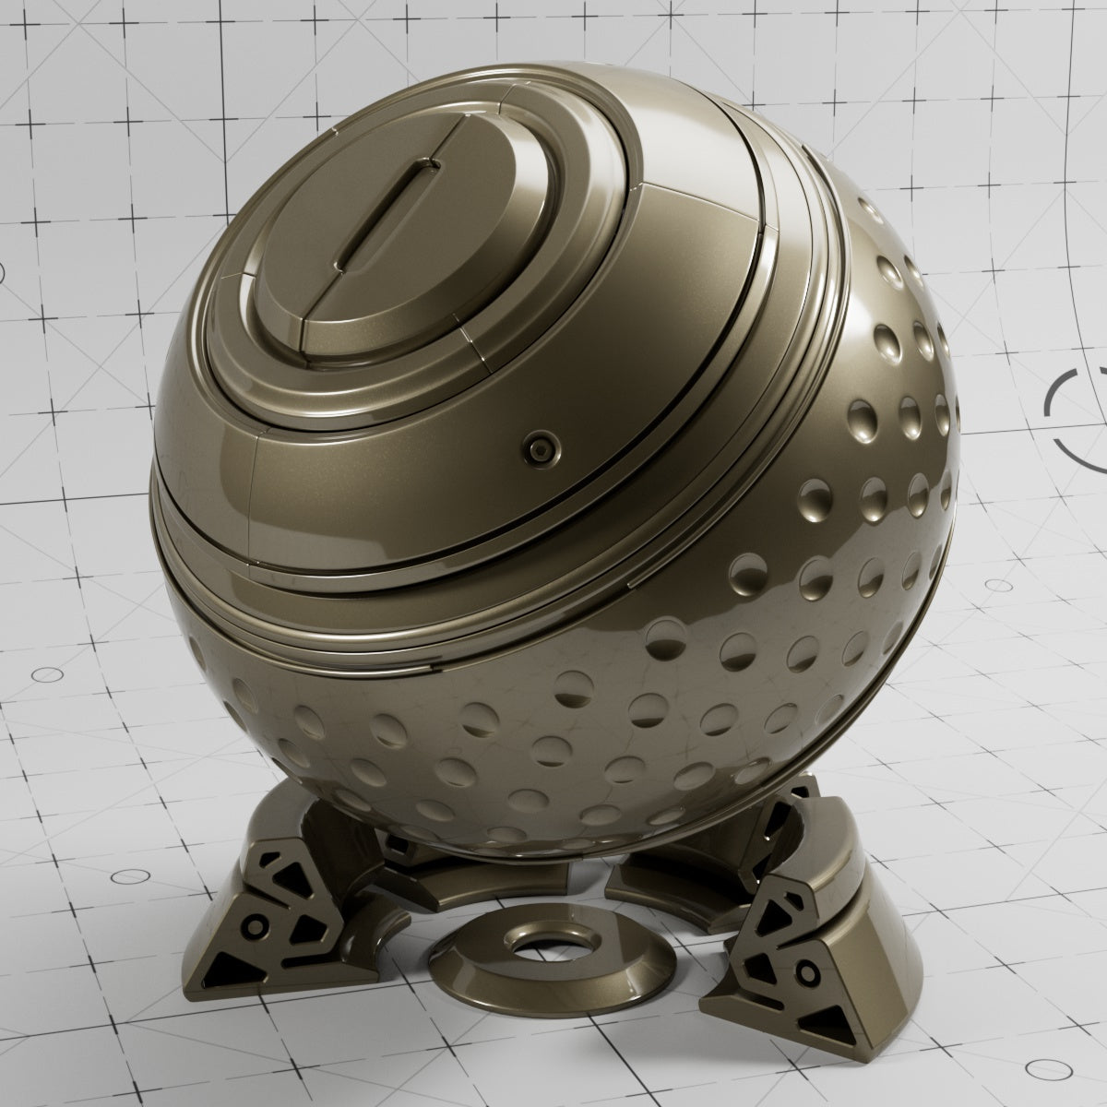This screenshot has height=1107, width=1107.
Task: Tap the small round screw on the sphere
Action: [x=538, y=449]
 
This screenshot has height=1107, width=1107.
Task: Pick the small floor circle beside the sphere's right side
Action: [x=996, y=585]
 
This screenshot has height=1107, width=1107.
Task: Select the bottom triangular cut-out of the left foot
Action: [x=227, y=969]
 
